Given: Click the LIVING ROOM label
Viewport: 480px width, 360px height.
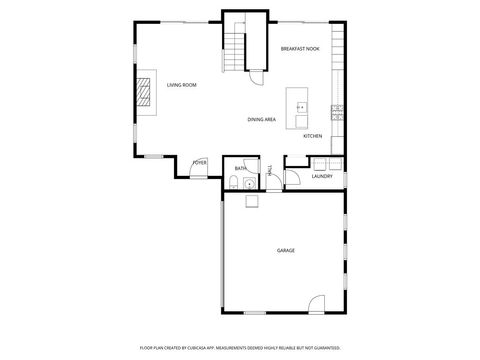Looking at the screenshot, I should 181,85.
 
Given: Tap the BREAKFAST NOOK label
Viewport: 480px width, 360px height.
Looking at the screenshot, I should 300,48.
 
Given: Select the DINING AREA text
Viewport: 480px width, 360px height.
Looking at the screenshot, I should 262,120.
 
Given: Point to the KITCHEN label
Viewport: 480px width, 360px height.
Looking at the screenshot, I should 312,136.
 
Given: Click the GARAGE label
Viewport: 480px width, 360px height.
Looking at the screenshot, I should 286,250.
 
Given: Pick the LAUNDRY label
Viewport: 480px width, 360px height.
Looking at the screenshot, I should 322,176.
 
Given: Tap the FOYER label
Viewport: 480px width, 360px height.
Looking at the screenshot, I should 200,162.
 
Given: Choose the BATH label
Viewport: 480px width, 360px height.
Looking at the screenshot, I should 241,169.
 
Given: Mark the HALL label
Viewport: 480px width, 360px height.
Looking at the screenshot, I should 270,171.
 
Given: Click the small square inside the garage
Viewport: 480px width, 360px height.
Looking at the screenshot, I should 253,200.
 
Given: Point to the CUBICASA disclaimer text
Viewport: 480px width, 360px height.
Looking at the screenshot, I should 240,347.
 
